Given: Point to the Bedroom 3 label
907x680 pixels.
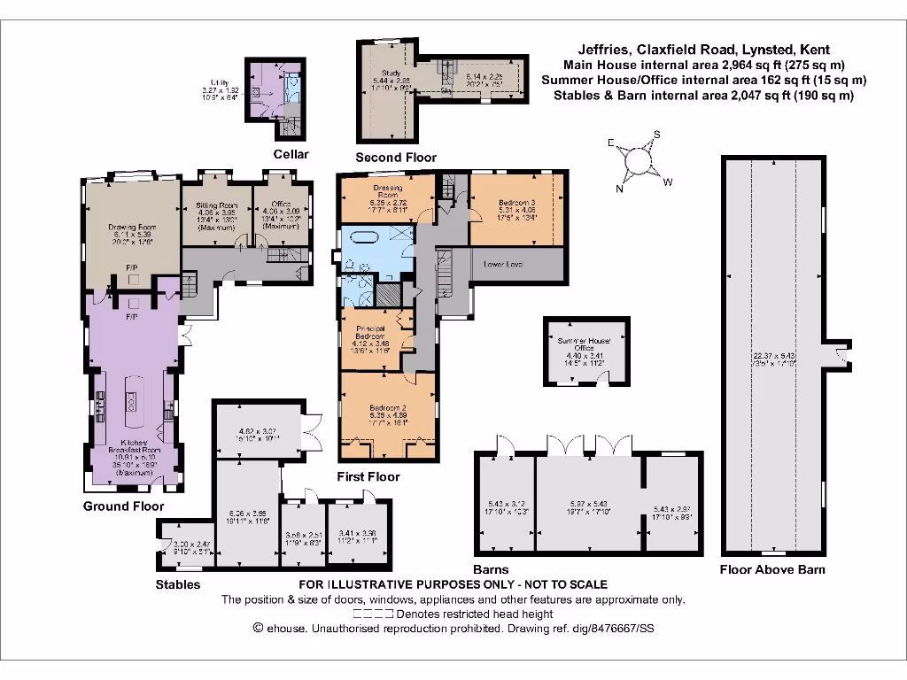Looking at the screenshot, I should coord(515,203).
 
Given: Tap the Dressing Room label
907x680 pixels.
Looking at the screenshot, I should coord(387,192).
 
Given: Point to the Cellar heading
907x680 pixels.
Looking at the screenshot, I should coord(291,155).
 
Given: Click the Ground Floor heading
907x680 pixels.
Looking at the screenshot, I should coord(123,506).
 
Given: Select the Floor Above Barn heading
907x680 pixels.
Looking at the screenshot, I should coord(772,569).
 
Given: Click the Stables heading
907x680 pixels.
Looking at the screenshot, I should coord(178,584).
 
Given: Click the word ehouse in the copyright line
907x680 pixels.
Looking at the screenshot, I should coord(288,628).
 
